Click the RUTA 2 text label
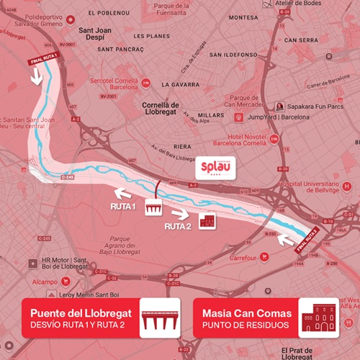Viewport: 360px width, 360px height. pos(177,226)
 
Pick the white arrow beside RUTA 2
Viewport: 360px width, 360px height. pos(181,213)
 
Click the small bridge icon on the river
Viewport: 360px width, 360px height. pos(154,208)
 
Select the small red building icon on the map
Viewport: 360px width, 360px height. pos(207,220)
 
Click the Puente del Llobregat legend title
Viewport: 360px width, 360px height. pos(81,312)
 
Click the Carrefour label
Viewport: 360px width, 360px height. pos(245,257)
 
